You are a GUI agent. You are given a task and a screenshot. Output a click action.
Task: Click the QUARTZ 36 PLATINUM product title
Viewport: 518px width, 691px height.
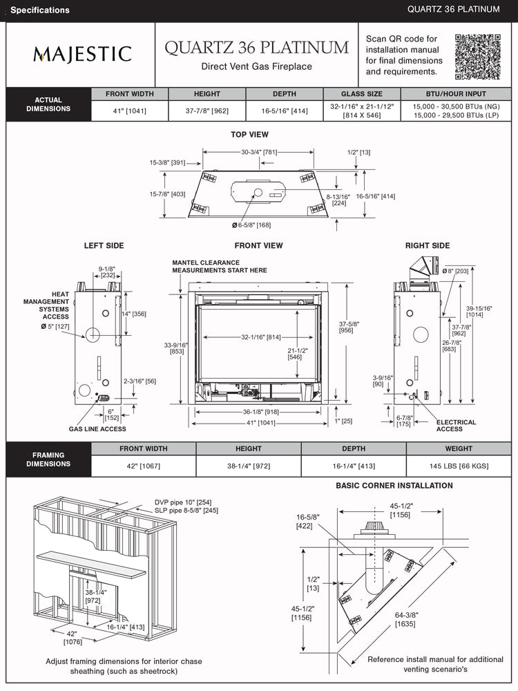pyautogui.click(x=256, y=48)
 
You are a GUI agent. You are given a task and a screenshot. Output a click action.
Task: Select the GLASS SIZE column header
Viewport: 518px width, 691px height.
pyautogui.click(x=361, y=94)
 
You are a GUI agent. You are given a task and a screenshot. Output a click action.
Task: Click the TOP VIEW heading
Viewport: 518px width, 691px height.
pyautogui.click(x=249, y=135)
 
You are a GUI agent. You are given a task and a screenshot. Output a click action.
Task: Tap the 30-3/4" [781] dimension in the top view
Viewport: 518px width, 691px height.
pyautogui.click(x=259, y=152)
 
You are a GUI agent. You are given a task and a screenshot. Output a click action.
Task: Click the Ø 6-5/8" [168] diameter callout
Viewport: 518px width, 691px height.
pyautogui.click(x=251, y=225)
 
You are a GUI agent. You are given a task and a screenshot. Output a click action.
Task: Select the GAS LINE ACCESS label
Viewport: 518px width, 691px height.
pyautogui.click(x=97, y=429)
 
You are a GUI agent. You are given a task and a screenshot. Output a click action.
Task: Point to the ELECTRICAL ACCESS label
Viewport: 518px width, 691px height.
pyautogui.click(x=456, y=426)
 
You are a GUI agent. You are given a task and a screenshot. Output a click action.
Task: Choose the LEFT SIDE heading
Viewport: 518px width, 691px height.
pyautogui.click(x=104, y=245)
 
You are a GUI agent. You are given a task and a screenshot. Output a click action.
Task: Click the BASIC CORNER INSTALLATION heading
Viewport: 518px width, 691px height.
pyautogui.click(x=394, y=486)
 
